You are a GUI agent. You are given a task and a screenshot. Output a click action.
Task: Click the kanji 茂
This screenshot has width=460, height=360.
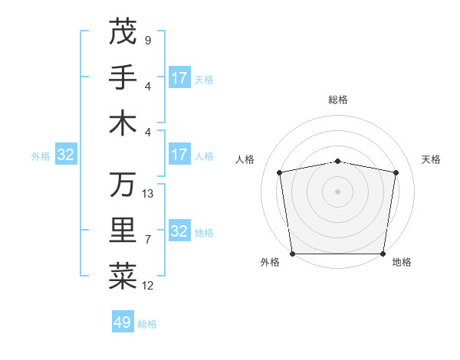(123, 31)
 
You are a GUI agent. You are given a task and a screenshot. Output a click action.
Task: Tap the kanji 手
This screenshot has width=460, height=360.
(123, 77)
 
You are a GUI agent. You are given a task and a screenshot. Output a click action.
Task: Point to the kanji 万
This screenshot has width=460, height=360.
(123, 185)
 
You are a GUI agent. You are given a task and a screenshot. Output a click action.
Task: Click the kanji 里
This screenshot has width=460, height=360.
(123, 231)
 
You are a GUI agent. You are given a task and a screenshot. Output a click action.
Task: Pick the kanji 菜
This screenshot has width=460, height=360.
(123, 277)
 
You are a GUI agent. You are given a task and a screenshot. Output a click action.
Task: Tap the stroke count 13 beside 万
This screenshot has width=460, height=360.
(148, 194)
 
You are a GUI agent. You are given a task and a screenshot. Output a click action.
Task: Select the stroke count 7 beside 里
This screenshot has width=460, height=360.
(148, 240)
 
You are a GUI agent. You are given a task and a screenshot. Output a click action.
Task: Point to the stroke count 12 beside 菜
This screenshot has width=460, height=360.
(148, 286)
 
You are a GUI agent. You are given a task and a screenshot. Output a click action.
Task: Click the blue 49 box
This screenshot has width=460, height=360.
(123, 322)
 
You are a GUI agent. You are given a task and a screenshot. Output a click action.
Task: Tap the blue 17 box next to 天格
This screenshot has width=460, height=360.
(179, 78)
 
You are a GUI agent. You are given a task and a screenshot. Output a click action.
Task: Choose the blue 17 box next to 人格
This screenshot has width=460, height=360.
(179, 155)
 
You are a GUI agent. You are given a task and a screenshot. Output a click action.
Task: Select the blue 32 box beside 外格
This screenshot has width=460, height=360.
(66, 155)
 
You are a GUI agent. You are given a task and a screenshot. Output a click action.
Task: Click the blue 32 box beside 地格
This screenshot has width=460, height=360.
(179, 231)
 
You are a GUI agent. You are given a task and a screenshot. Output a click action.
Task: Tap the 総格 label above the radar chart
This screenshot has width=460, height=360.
(338, 100)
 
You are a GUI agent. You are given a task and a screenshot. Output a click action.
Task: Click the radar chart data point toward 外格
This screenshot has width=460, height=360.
(292, 254)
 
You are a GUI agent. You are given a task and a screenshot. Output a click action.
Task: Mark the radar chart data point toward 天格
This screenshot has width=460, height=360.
(396, 172)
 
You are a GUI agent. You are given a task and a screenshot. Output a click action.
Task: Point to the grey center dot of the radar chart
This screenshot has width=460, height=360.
(338, 191)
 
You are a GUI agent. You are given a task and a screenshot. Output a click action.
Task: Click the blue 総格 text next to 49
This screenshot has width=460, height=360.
(147, 324)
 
